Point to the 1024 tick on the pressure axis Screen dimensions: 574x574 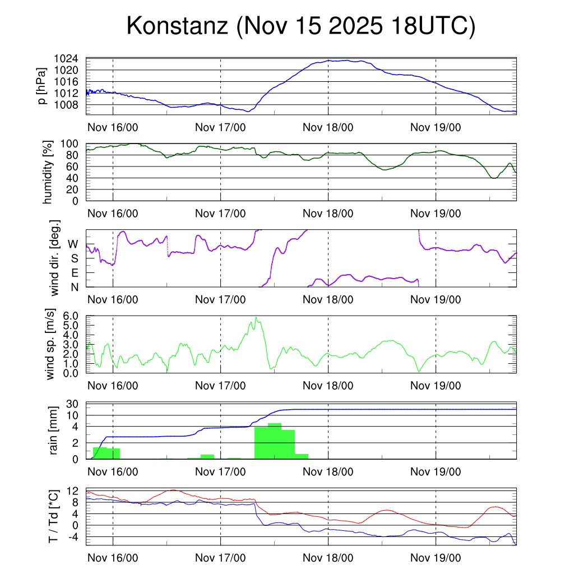(x=66, y=59)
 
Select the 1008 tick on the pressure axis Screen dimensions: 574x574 (x=66, y=105)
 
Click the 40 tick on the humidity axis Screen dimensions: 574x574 (x=72, y=178)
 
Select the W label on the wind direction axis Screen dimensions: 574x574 (x=73, y=244)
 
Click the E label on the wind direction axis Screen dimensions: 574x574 (x=73, y=273)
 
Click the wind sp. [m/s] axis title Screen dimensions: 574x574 (x=51, y=345)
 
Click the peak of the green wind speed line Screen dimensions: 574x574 (x=256, y=317)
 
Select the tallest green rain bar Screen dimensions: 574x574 (x=275, y=441)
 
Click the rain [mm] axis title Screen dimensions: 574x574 (x=54, y=430)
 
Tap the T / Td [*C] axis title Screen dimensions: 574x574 (x=54, y=516)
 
